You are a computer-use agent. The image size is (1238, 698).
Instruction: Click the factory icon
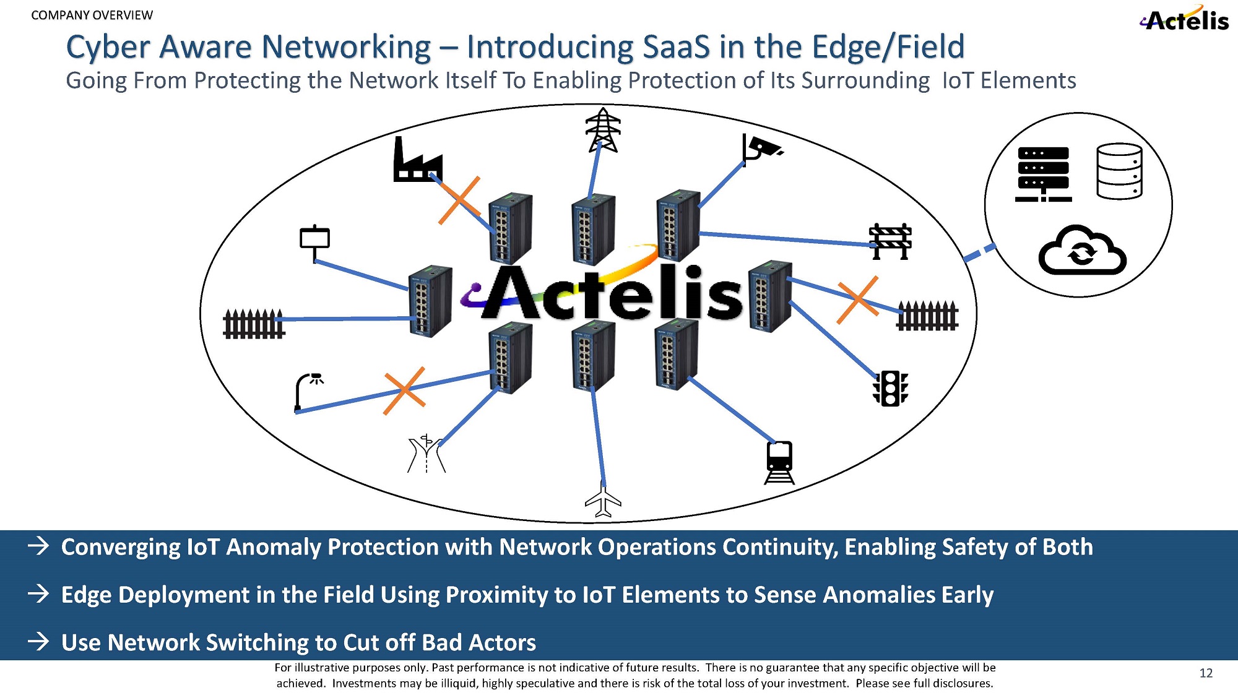pyautogui.click(x=418, y=160)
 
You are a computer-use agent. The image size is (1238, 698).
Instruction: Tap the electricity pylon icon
pyautogui.click(x=603, y=130)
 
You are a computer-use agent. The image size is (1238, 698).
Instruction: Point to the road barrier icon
pyautogui.click(x=890, y=241)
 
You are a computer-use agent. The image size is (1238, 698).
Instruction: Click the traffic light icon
pyautogui.click(x=890, y=389)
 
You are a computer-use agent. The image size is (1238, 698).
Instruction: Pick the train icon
pyautogui.click(x=779, y=462)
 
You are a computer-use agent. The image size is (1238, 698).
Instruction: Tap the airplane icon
pyautogui.click(x=603, y=499)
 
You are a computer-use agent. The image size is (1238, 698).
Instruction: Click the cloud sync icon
pyautogui.click(x=1082, y=251)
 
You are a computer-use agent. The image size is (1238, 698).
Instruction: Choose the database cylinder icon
pyautogui.click(x=1119, y=171)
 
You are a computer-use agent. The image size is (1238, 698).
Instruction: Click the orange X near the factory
pyautogui.click(x=459, y=200)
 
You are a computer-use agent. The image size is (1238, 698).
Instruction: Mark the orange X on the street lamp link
pyautogui.click(x=404, y=390)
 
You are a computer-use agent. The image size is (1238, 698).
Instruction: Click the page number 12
pyautogui.click(x=1206, y=673)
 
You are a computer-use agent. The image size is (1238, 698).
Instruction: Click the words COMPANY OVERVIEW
pyautogui.click(x=92, y=15)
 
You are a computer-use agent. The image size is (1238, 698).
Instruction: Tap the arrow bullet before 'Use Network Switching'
pyautogui.click(x=38, y=642)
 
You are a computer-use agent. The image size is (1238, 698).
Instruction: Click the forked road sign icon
pyautogui.click(x=426, y=454)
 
